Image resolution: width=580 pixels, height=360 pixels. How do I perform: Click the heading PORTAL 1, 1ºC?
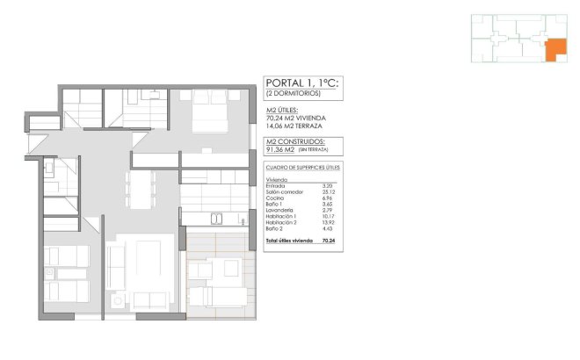pos(302,83)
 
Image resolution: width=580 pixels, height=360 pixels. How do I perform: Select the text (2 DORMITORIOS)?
pos(293,93)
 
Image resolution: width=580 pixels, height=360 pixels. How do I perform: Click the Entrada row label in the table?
pos(275,186)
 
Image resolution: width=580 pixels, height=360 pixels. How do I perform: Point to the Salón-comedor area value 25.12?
pos(329,192)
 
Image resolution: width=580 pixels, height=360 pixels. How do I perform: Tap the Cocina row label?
pos(274,199)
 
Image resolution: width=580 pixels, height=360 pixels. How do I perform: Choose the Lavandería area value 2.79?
pos(329,212)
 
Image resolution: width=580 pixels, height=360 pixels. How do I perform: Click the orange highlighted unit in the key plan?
pos(555,50)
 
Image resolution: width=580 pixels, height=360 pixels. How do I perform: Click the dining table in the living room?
pos(141,186)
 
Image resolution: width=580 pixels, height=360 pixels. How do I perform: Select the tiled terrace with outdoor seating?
pos(219,271)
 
